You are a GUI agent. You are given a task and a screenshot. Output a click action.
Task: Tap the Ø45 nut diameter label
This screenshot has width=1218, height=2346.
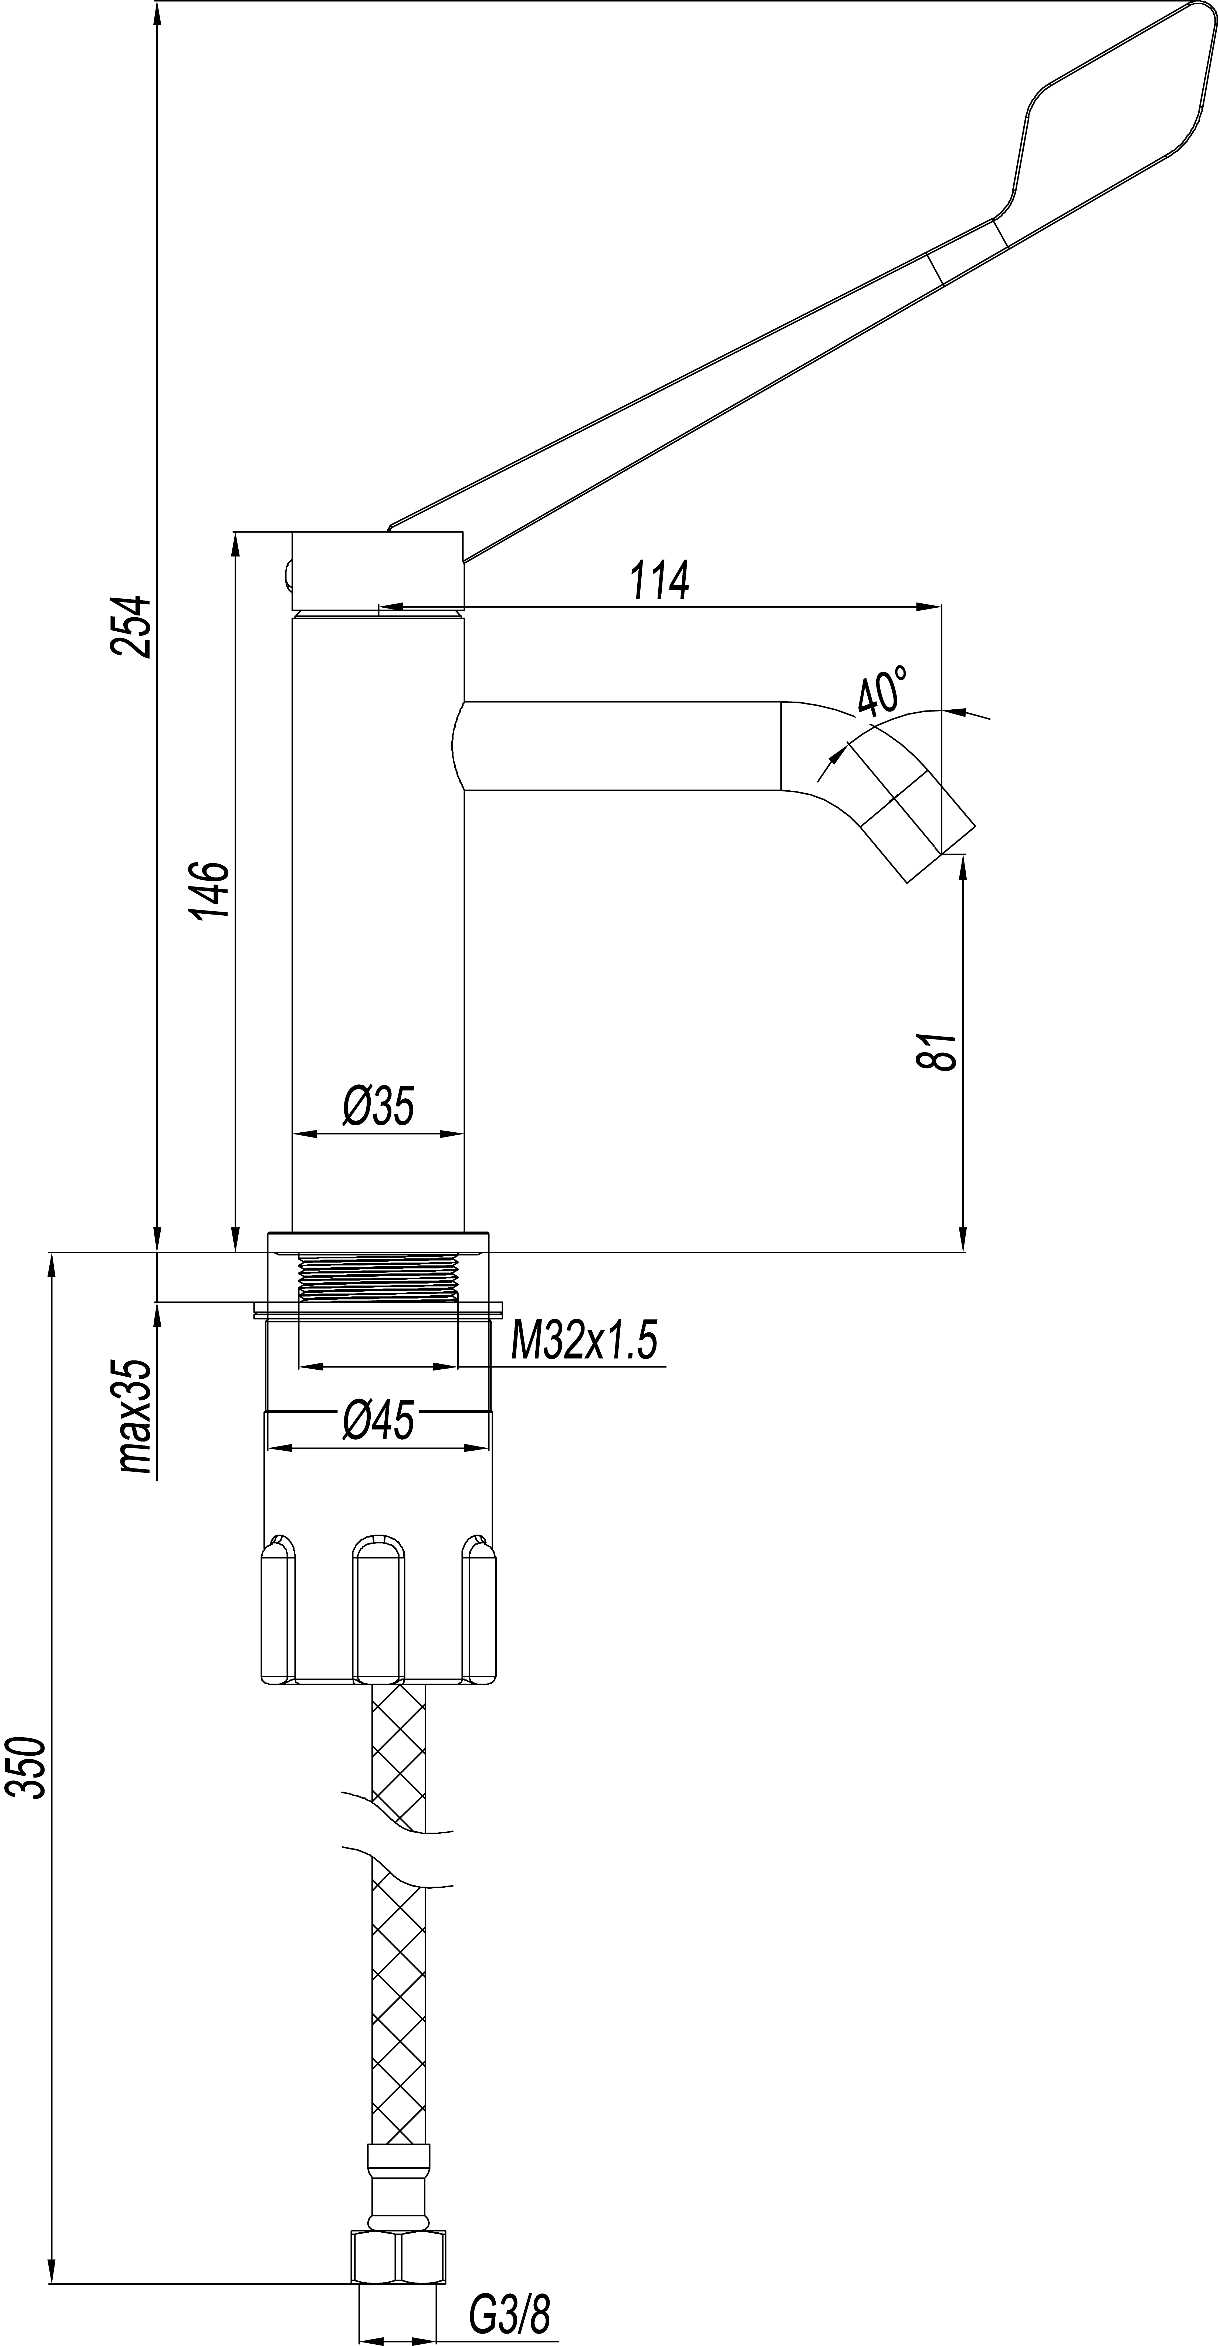pos(378,1421)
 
